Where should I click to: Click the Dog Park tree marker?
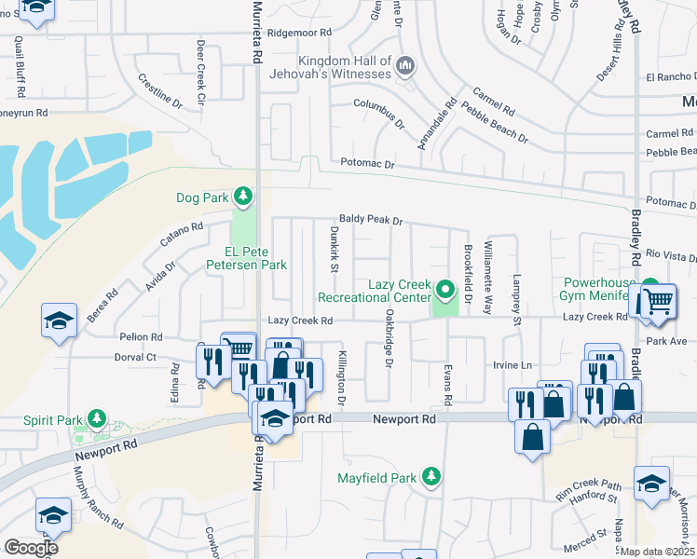[x=242, y=196]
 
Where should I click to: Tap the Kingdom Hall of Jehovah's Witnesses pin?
[x=404, y=65]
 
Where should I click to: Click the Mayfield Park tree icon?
[x=430, y=478]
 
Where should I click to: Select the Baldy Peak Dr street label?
[x=370, y=221]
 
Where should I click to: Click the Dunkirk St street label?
[x=335, y=249]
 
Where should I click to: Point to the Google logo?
[x=31, y=547]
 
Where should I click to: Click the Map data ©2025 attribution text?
[x=658, y=552]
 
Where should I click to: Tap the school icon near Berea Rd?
[x=58, y=321]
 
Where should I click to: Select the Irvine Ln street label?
[x=512, y=365]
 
